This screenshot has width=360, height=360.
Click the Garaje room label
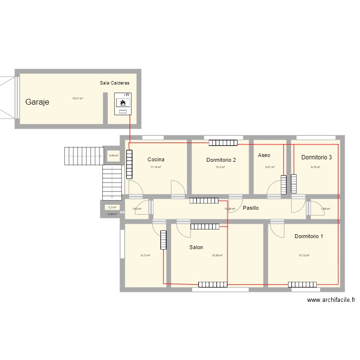click(37, 102)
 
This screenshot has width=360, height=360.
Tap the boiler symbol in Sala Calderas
click(123, 103)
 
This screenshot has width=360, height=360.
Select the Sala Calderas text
click(114, 83)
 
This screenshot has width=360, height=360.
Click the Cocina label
click(156, 159)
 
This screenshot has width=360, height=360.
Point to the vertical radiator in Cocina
click(129, 164)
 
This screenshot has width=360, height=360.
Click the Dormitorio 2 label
click(221, 160)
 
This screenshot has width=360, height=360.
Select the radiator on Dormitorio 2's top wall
click(223, 143)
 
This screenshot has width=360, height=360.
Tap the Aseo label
click(264, 156)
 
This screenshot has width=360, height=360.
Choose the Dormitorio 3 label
click(316, 157)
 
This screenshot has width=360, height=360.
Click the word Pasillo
click(251, 208)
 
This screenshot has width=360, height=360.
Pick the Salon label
click(196, 248)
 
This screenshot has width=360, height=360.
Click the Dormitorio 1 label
click(309, 236)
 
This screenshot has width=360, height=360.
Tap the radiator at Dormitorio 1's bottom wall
click(303, 285)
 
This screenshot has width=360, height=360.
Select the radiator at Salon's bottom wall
click(213, 285)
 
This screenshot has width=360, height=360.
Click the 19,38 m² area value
click(217, 256)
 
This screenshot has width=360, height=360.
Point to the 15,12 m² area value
click(304, 256)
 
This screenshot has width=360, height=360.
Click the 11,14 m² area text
click(156, 167)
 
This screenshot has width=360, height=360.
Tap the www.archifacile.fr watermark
click(331, 300)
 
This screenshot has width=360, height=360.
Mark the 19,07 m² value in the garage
click(78, 98)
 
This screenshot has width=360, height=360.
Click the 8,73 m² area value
click(145, 256)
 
